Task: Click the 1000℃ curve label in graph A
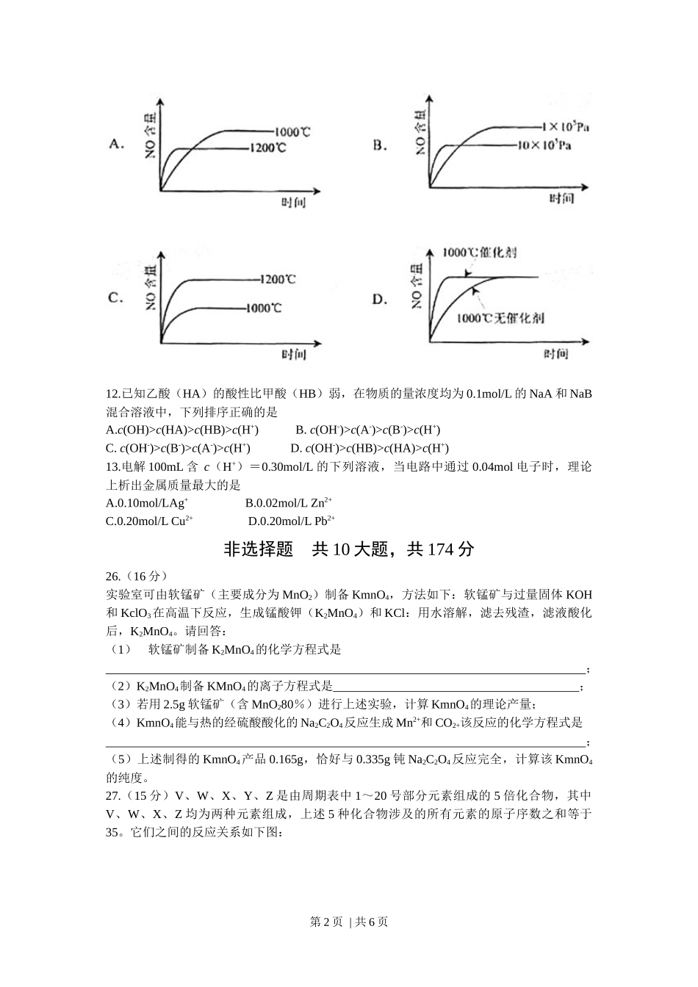click(x=292, y=132)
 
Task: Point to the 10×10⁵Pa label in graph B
click(x=544, y=145)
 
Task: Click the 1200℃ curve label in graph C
click(x=278, y=279)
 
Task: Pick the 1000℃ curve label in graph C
click(x=264, y=308)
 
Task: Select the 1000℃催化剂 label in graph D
click(x=479, y=252)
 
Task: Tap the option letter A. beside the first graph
click(x=116, y=144)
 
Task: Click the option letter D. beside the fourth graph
click(x=379, y=299)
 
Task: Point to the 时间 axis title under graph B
click(x=561, y=198)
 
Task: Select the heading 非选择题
click(x=258, y=549)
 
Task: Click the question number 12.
click(x=113, y=394)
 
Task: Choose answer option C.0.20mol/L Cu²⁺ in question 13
click(x=150, y=521)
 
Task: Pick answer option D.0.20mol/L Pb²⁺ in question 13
click(x=292, y=521)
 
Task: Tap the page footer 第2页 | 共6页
click(x=349, y=922)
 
